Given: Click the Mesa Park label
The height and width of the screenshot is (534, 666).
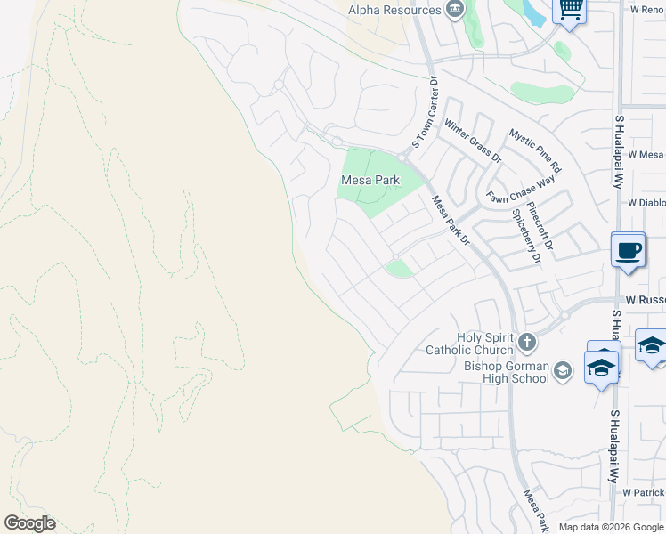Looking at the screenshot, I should (370, 180).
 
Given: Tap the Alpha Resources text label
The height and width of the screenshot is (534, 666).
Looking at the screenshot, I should (394, 10).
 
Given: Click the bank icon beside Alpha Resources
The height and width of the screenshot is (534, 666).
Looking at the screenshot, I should (455, 10).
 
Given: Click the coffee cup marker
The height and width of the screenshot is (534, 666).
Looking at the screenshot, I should (629, 250).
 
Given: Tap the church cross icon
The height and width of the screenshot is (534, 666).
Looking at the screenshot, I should (527, 341).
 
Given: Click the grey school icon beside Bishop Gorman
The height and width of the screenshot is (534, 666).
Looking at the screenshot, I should (562, 370).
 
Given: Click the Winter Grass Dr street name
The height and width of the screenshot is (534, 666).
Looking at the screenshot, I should (473, 142).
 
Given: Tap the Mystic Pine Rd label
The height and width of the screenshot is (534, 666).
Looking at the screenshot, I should (535, 150).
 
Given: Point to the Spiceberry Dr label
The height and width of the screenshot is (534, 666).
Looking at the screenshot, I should (525, 236).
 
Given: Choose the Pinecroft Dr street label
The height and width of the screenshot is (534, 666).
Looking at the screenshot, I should (540, 231).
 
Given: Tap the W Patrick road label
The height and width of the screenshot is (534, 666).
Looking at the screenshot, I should (643, 492).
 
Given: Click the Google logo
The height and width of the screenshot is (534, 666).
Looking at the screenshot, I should (29, 523).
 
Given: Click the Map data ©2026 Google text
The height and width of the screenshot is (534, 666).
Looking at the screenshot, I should (612, 527).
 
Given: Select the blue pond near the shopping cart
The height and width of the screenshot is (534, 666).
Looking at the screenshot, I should (534, 12).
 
